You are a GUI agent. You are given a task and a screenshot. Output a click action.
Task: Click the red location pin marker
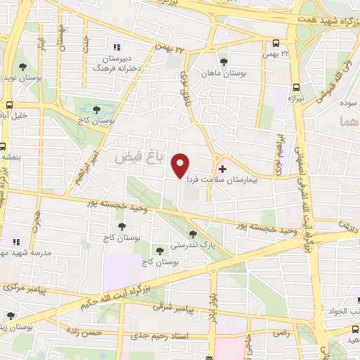click(x=181, y=166)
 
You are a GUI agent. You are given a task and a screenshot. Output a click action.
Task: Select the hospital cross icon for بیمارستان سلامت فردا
click(x=222, y=169)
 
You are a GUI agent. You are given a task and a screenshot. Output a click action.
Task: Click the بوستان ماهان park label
click(x=224, y=73)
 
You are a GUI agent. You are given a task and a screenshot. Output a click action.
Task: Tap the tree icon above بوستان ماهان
click(x=224, y=61)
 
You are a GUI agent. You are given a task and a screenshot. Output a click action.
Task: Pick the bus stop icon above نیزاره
click(x=296, y=89)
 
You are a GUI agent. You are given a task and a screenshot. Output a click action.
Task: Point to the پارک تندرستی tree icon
click(x=193, y=234)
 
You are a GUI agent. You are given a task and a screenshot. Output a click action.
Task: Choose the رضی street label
click(x=281, y=331)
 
